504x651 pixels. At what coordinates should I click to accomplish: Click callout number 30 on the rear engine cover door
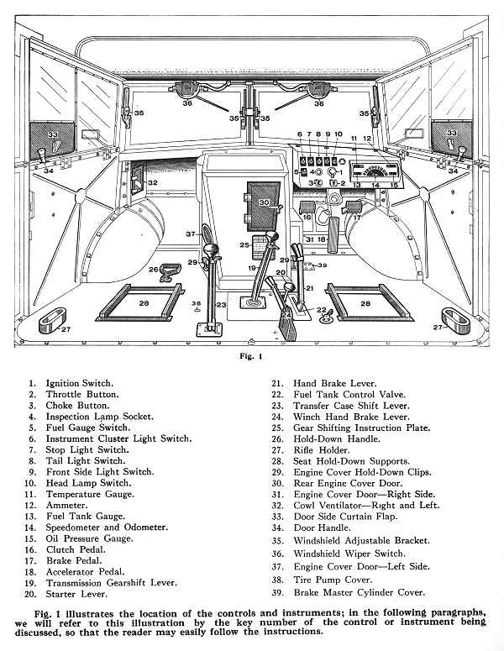coord(263,202)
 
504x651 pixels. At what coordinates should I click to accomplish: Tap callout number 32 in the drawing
coord(153,182)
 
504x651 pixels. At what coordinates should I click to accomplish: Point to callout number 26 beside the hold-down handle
coord(154,270)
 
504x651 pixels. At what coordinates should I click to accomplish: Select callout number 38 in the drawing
coord(197,302)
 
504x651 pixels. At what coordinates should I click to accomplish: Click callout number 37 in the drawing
coord(191,234)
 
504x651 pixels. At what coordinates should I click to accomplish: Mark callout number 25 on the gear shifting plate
coord(244,245)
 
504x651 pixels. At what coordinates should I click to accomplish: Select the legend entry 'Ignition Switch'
coord(79,382)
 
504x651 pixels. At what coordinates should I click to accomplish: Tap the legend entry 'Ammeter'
coord(65,502)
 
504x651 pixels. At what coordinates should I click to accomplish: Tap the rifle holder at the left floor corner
coord(53,320)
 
